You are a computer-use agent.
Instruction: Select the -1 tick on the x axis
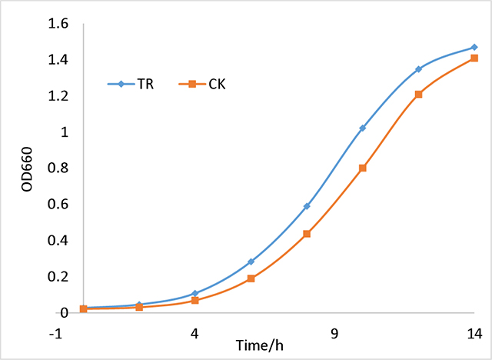point(54,335)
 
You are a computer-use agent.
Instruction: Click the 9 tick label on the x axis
point(334,335)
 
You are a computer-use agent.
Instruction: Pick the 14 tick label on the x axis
point(474,335)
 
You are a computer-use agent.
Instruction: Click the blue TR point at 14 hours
point(474,48)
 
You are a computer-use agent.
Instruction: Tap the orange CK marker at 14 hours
point(474,58)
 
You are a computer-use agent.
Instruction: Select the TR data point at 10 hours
point(363,128)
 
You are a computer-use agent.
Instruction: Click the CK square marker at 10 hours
point(363,168)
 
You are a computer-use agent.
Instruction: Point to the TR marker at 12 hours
point(419,69)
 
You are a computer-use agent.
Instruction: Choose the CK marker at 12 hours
point(419,95)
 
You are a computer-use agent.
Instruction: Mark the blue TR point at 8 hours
point(307,206)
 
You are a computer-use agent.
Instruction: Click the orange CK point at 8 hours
point(307,234)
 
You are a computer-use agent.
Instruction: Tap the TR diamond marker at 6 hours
point(251,262)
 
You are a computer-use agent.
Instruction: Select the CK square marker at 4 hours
point(195,300)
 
